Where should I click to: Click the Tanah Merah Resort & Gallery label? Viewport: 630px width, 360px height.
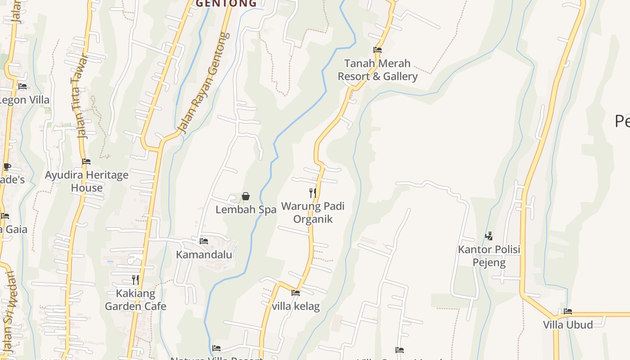point(378,70)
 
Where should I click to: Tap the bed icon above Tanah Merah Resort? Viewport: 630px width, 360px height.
point(378,50)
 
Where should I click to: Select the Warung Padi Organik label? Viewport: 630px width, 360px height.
point(313,212)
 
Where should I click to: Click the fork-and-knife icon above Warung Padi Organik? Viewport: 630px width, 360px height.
point(312,193)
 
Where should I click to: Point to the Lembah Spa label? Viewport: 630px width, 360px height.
point(246,210)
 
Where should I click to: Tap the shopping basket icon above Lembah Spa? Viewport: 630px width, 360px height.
point(246,196)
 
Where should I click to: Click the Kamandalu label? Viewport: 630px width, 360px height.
point(204,255)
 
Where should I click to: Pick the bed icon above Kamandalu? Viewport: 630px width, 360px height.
point(203,241)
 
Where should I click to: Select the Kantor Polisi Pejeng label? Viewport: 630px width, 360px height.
point(489,256)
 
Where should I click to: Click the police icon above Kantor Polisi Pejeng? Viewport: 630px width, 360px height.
point(489,236)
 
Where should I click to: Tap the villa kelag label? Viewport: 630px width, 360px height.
point(296,306)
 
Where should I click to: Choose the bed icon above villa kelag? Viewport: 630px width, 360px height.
point(296,293)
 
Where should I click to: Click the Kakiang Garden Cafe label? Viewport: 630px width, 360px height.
point(135,300)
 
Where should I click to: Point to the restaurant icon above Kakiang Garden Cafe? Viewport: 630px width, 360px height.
point(135,280)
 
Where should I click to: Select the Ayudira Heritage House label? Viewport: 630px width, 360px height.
point(86,181)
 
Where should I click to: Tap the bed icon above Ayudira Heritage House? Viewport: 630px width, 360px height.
point(86,162)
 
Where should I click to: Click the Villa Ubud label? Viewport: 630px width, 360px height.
point(568,324)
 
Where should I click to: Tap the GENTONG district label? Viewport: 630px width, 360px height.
point(226,4)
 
